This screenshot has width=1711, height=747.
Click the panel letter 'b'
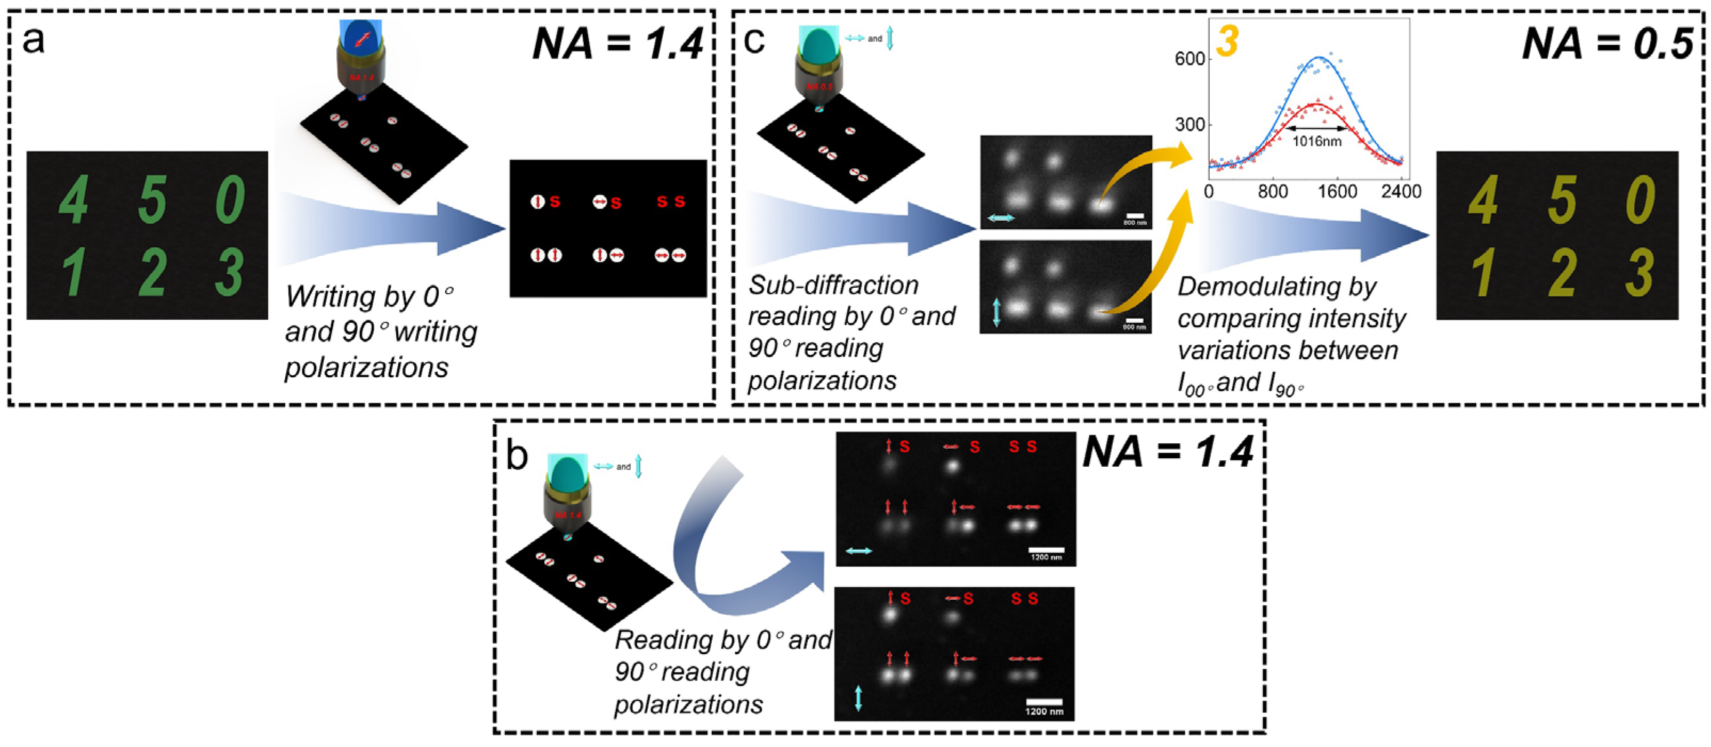[517, 456]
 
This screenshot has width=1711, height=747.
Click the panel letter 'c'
[754, 41]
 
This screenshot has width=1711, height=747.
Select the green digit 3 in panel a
[229, 272]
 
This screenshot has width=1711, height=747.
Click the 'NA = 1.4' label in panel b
[1168, 453]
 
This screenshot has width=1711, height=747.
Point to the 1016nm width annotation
[1316, 141]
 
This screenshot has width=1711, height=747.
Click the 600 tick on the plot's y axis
[1190, 59]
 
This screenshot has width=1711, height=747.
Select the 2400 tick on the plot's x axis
[1401, 192]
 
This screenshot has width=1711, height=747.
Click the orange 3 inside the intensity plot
[1227, 41]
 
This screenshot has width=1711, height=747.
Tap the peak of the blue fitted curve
[1316, 59]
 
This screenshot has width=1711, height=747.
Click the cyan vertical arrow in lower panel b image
[858, 699]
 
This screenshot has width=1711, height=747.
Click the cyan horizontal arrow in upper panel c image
[1001, 217]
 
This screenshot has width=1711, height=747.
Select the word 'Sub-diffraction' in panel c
[833, 286]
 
